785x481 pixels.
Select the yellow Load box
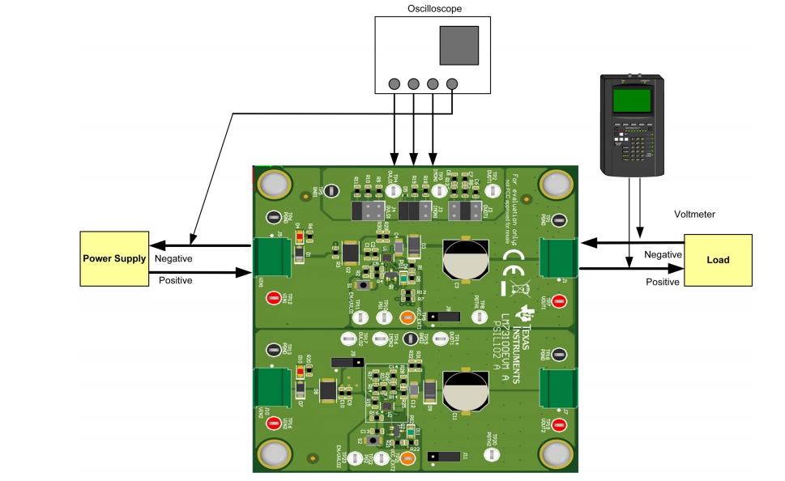tap(717, 260)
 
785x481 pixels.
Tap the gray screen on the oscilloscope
tap(459, 45)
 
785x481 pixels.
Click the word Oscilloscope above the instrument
tap(434, 9)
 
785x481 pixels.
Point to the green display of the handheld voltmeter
tap(633, 100)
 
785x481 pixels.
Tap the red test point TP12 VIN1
tap(274, 298)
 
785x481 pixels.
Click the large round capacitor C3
tap(463, 258)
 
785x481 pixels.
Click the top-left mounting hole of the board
tap(275, 185)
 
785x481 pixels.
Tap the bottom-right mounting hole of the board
tap(555, 453)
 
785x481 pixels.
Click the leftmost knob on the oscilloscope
tap(395, 83)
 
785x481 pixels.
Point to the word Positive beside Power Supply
tap(174, 280)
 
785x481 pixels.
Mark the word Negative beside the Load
tap(663, 254)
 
